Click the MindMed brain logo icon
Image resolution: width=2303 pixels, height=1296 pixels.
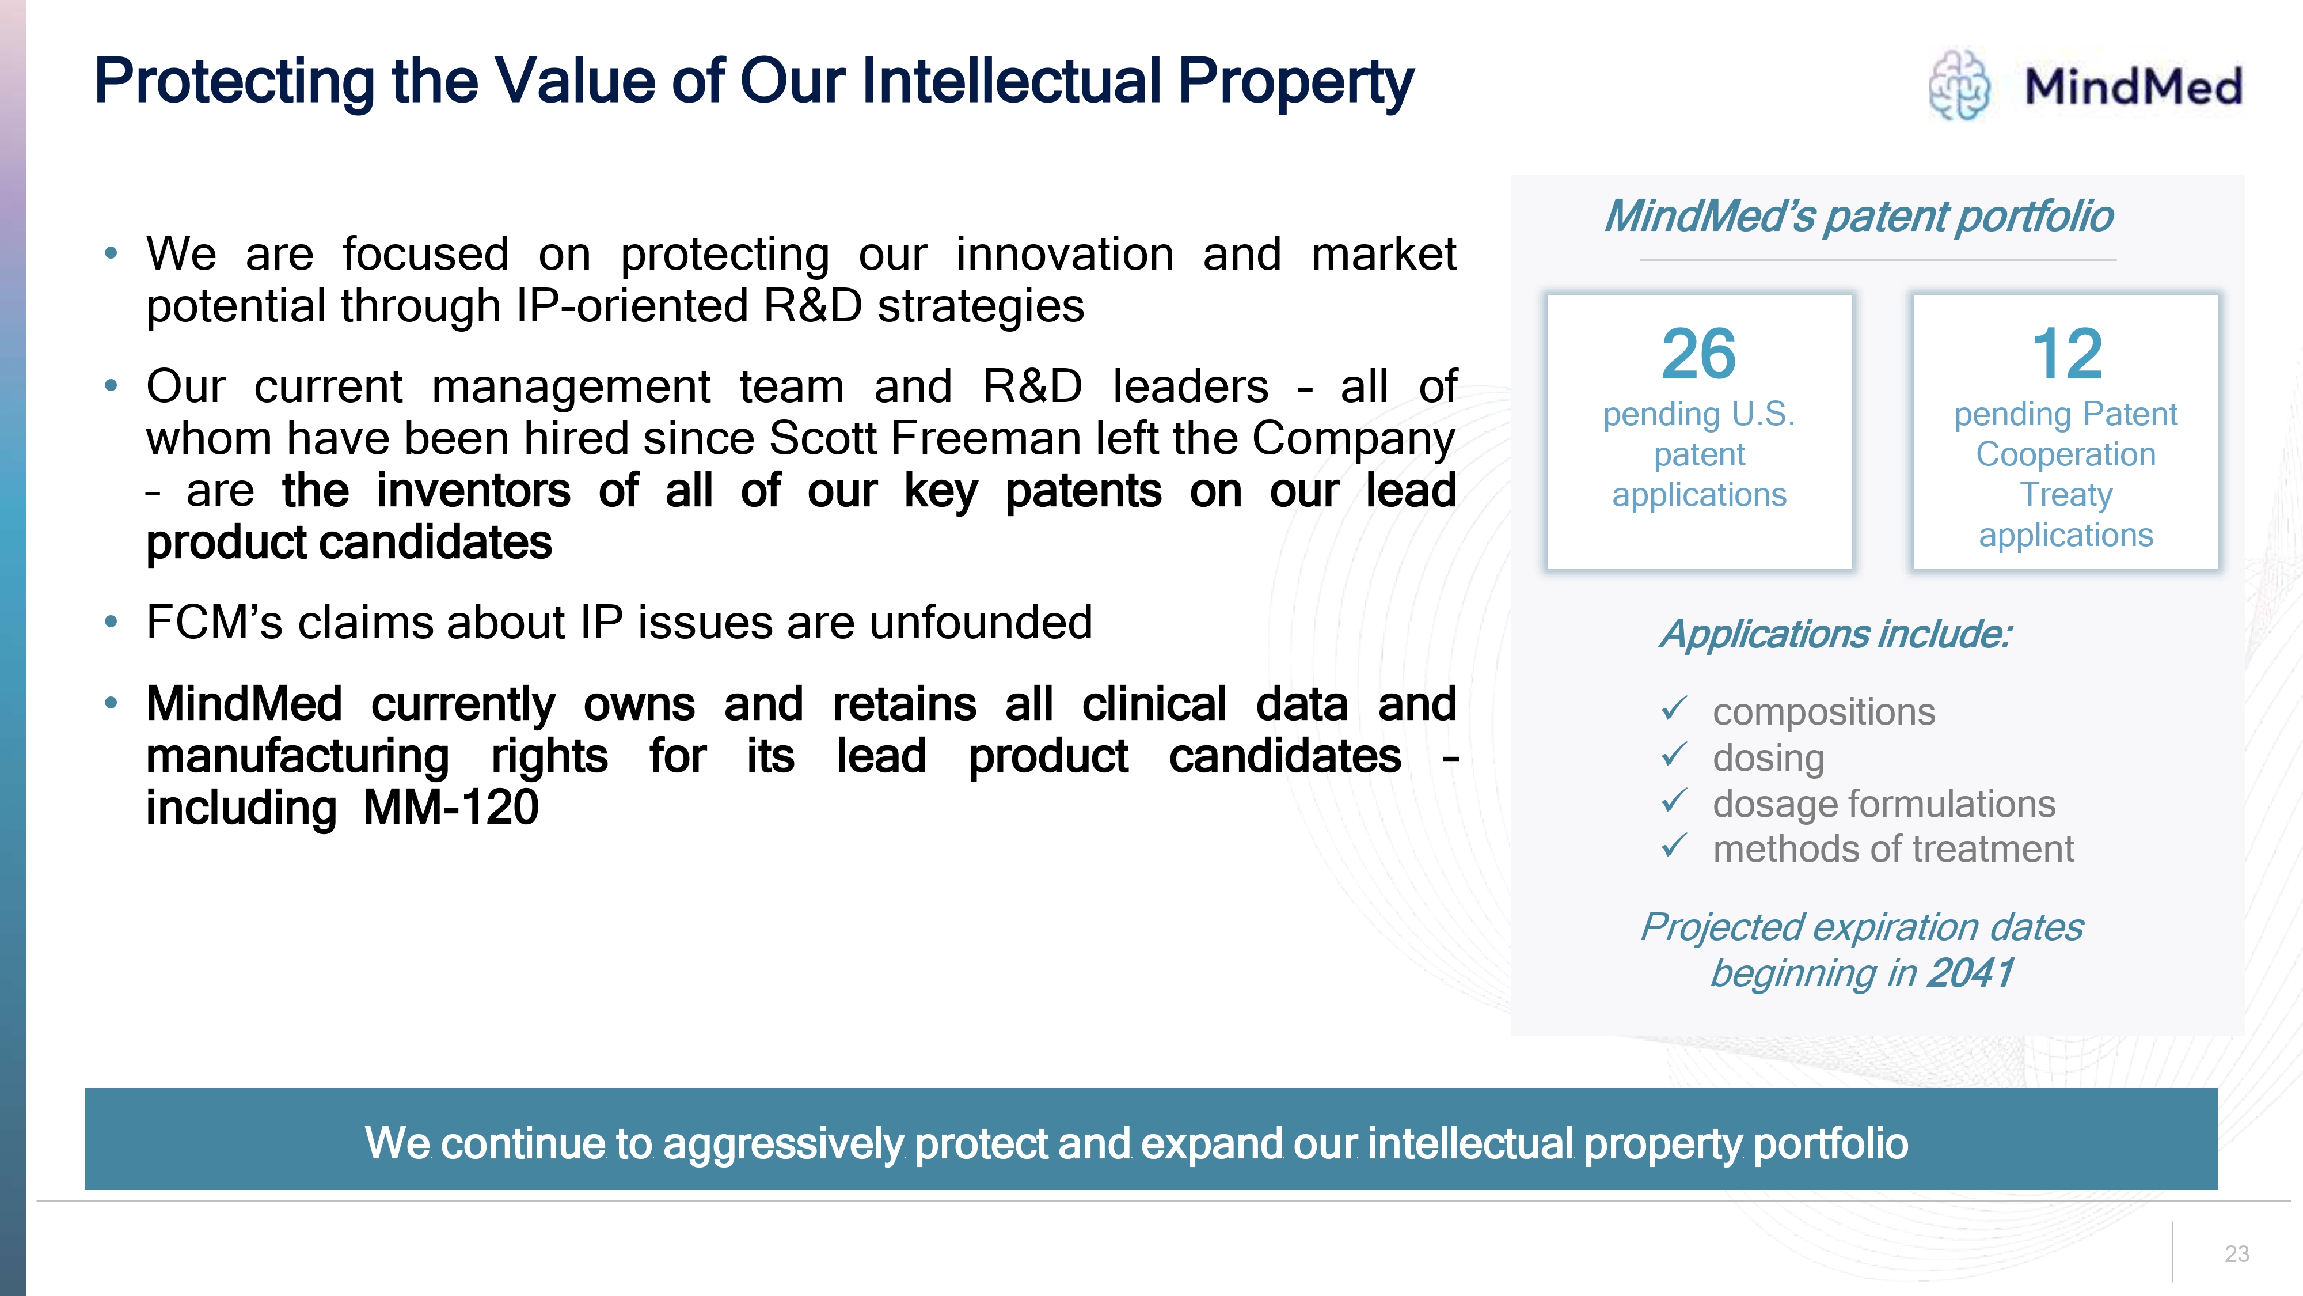click(x=1959, y=85)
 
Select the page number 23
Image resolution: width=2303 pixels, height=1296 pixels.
click(x=2237, y=1254)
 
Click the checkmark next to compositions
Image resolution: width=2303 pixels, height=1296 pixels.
click(x=1674, y=708)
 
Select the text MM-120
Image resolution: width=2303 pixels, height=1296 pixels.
click(x=451, y=808)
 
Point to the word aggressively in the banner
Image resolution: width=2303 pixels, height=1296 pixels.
click(x=784, y=1144)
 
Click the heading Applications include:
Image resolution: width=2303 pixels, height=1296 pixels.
click(x=1836, y=634)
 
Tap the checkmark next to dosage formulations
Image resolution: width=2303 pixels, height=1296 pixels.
click(x=1674, y=801)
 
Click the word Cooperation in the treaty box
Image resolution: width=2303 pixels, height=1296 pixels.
click(x=2065, y=454)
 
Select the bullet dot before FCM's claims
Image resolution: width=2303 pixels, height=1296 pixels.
click(x=111, y=622)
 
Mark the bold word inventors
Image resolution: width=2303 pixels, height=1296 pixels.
click(x=473, y=491)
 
